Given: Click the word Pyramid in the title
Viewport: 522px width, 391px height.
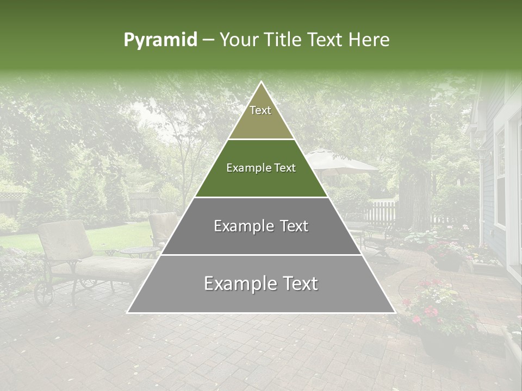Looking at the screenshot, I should tap(160, 40).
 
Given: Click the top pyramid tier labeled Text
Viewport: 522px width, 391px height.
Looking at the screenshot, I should tap(261, 117).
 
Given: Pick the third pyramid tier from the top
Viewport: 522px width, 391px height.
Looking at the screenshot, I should tap(261, 226).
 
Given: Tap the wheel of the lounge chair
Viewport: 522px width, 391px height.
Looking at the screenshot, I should tap(43, 294).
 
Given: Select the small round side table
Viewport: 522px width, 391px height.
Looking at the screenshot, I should tap(139, 251).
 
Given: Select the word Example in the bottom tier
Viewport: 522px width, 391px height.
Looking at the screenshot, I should tap(237, 284).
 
